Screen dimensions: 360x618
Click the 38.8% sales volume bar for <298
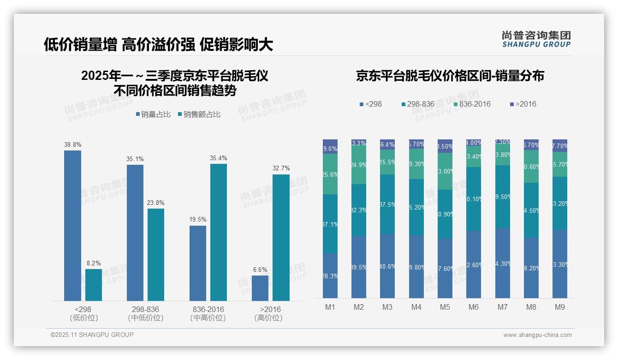(72, 226)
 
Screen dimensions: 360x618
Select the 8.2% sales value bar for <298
(94, 285)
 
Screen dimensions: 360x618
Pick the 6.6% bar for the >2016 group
(260, 288)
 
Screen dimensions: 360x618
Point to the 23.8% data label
(156, 203)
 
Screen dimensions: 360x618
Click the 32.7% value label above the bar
(281, 168)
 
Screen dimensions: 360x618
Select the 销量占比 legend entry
(153, 114)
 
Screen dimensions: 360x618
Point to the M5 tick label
(445, 307)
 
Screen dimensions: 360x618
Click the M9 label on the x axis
(559, 307)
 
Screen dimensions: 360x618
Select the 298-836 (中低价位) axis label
(145, 313)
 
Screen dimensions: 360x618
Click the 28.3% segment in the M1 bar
(330, 276)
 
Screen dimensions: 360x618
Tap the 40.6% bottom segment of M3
(387, 266)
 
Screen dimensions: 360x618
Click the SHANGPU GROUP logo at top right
(536, 39)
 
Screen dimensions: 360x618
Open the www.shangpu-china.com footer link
(537, 335)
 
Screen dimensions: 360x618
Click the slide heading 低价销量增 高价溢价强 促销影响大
(158, 44)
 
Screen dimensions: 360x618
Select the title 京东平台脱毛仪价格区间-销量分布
(450, 76)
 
